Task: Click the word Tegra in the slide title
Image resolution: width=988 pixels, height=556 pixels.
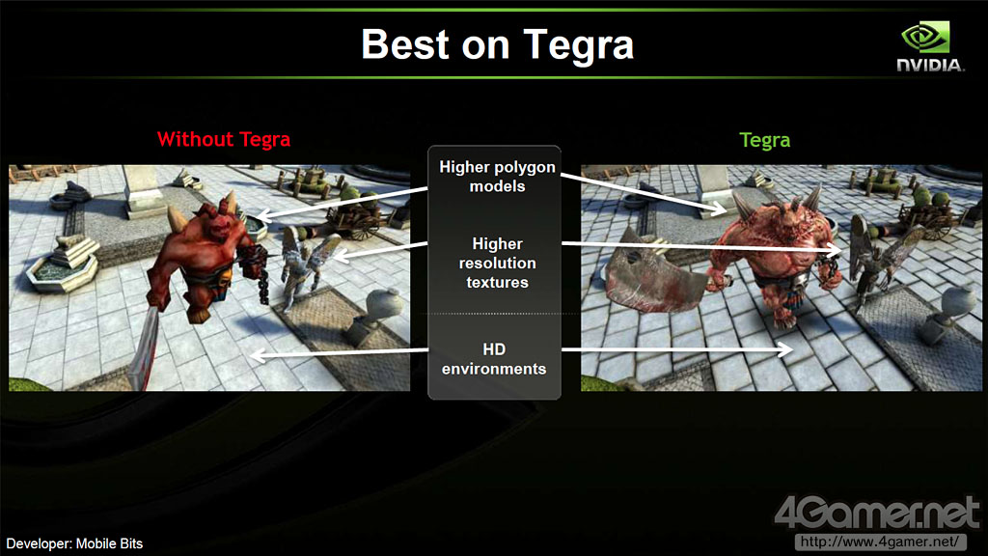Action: [x=579, y=45]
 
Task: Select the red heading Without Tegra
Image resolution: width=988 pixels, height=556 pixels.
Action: [x=224, y=139]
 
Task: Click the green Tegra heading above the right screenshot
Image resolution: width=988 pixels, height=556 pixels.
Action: [x=764, y=140]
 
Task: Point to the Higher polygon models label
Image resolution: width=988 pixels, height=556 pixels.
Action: [x=497, y=177]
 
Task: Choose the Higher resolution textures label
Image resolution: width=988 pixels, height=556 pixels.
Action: [x=497, y=263]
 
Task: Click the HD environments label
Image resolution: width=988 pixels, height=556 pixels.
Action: [x=494, y=359]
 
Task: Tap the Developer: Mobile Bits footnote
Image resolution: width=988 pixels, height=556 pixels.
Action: [x=74, y=543]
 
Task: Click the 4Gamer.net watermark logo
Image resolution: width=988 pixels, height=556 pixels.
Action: [x=876, y=513]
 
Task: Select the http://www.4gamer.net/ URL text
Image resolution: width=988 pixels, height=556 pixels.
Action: [x=880, y=542]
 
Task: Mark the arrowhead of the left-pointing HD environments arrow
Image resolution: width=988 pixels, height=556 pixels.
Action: [x=258, y=355]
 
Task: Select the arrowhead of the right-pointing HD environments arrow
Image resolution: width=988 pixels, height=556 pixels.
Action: [x=785, y=349]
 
